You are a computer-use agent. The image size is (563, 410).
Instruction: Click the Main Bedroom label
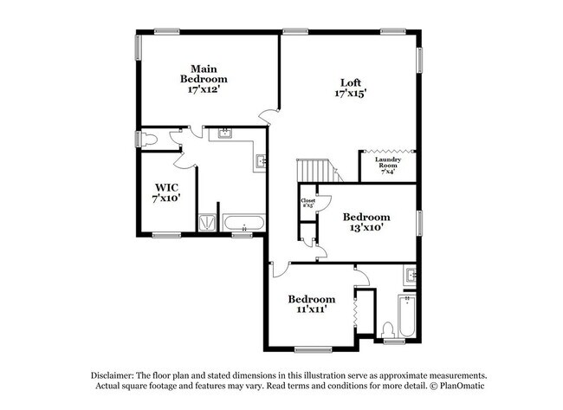(204, 79)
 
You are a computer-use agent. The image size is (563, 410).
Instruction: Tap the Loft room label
(346, 88)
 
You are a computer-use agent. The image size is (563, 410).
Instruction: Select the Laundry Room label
(386, 164)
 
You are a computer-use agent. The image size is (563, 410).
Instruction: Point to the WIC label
(167, 192)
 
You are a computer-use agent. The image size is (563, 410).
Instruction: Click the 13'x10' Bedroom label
(366, 222)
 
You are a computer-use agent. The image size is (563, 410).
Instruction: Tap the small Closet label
(307, 203)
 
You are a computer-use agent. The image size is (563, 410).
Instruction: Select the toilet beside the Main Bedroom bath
(149, 139)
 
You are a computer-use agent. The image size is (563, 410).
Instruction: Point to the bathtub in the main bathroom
(244, 224)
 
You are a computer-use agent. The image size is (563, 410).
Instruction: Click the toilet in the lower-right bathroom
(389, 329)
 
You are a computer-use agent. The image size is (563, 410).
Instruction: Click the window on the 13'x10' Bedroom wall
(420, 222)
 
